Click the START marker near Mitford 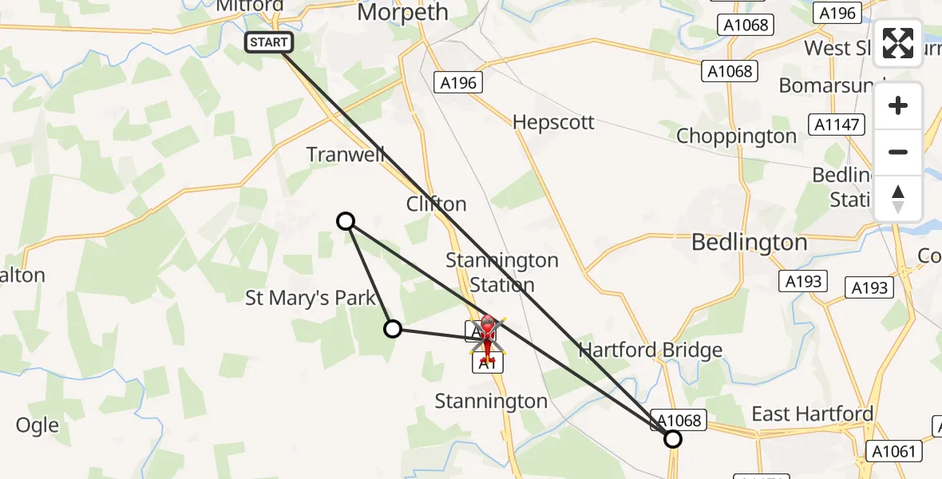[269, 43]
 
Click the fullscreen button [898, 43]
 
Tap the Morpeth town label [402, 13]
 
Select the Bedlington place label [749, 242]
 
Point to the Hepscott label [553, 122]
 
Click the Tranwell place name [346, 154]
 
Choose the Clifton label [436, 204]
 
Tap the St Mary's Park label [311, 299]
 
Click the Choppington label [736, 137]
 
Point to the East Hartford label [813, 414]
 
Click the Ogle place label [38, 426]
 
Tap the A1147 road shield [836, 124]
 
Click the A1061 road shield [893, 452]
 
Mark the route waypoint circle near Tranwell [346, 221]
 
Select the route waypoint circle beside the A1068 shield [673, 439]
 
